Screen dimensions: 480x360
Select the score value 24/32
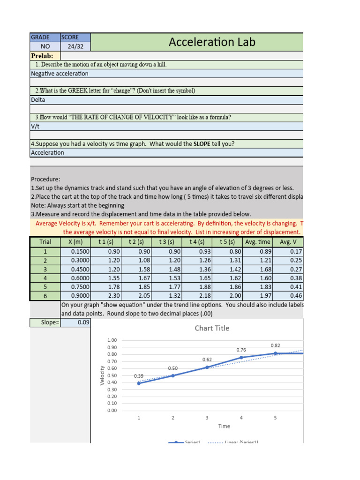coord(75,47)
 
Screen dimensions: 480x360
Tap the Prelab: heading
coord(42,56)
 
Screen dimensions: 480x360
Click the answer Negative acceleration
coord(60,74)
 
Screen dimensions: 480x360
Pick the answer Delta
coord(38,100)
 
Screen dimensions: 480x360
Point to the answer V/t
coord(35,126)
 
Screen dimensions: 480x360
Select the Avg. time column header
coord(257,242)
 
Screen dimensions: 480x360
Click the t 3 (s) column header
coord(166,242)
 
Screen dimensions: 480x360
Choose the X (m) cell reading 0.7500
coord(76,286)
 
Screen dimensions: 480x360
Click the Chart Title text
coord(212,328)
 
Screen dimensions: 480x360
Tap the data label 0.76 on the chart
coord(241,350)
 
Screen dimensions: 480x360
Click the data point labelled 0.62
coord(207,367)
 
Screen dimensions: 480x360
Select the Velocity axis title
coord(102,375)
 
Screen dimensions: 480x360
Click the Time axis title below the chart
coord(224,426)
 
